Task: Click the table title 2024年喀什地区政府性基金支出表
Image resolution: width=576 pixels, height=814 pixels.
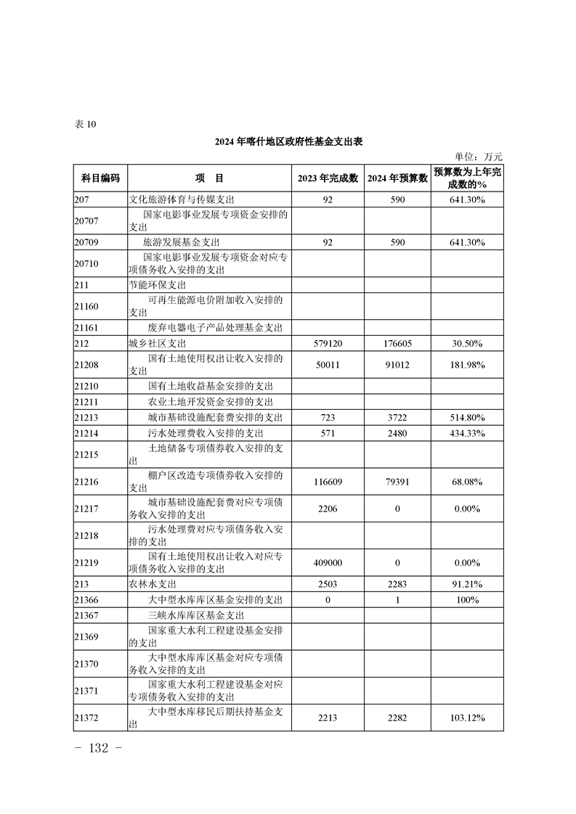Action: (288, 142)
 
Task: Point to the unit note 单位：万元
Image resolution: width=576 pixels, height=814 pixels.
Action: (478, 156)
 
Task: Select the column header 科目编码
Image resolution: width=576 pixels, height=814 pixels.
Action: (100, 178)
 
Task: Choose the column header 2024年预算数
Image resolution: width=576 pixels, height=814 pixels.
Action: (397, 178)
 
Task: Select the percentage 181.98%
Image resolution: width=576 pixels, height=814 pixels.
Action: (468, 364)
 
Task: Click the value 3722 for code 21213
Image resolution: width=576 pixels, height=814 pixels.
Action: (397, 418)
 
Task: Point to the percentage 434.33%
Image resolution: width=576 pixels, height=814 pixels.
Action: (468, 433)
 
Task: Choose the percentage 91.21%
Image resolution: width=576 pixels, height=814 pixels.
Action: (468, 583)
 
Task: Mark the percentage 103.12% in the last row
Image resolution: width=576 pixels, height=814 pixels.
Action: (468, 718)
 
